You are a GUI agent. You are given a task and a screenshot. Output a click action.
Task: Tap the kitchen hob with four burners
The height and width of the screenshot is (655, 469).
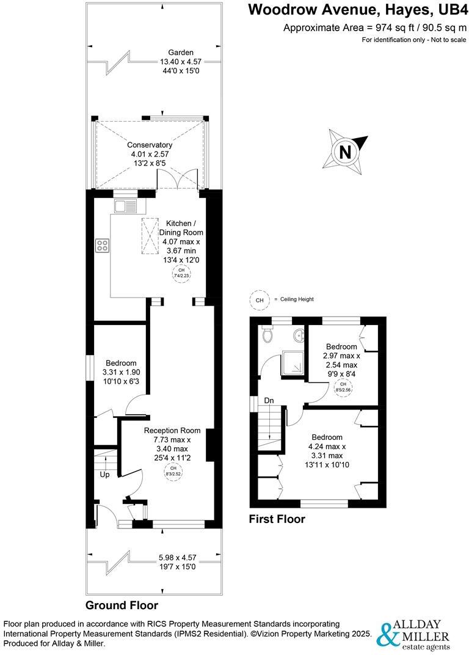[x=103, y=246]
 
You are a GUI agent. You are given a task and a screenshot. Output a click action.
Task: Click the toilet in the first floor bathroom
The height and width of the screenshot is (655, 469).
[x=266, y=334]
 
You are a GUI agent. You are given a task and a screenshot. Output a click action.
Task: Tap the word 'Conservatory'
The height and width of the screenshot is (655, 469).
[x=150, y=145]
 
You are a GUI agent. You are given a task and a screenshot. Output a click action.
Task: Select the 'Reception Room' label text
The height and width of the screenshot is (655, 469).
[x=172, y=430]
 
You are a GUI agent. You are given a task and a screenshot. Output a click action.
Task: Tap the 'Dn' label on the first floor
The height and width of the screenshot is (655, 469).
[x=269, y=401]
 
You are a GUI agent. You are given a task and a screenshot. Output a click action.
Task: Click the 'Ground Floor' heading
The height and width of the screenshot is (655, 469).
[x=122, y=606]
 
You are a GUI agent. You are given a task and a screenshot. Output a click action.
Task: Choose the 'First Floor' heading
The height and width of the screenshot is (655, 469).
[x=277, y=519]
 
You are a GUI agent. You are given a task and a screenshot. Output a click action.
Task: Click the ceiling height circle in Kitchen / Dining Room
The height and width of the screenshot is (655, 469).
[x=181, y=273]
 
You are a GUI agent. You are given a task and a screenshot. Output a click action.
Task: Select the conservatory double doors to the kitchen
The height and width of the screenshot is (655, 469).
[x=178, y=181]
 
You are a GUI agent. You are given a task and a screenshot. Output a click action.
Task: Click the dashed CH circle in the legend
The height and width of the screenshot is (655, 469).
[x=259, y=300]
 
